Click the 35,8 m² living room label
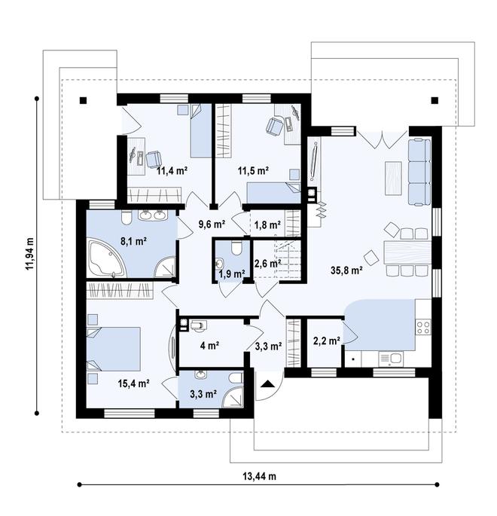(x=346, y=270)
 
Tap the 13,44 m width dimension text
(x=259, y=475)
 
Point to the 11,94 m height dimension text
(x=30, y=253)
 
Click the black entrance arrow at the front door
(x=268, y=383)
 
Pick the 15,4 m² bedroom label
(x=134, y=383)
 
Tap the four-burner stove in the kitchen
(x=424, y=327)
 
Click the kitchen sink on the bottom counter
(x=390, y=358)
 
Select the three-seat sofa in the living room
(x=419, y=172)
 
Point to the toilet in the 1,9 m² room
(x=236, y=248)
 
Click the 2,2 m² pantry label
(x=326, y=341)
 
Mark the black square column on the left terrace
(x=84, y=100)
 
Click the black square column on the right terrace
(x=434, y=100)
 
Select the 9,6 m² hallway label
(x=212, y=224)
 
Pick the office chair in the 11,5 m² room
(x=275, y=126)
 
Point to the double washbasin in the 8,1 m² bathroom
(x=153, y=215)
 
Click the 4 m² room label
(x=209, y=346)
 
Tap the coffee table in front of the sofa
(x=393, y=179)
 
